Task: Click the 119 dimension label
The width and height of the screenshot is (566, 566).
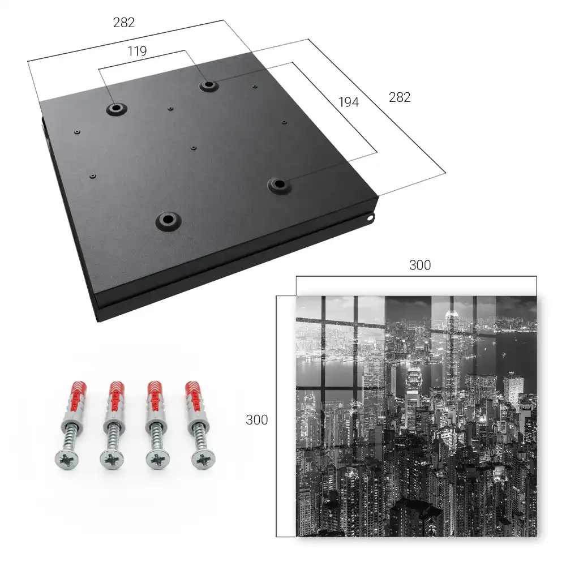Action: coord(137,52)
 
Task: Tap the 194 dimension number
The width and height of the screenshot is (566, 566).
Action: coord(349,102)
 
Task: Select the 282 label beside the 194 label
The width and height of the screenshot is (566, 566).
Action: coord(400,97)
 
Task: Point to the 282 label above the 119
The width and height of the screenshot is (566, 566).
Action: coord(124,23)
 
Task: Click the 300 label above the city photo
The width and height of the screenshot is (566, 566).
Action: coord(420,265)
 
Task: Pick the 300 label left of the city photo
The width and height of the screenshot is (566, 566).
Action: coord(256,419)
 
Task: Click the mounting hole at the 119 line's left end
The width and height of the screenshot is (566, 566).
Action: coord(116,108)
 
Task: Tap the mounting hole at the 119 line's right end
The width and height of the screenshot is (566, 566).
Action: coord(208,85)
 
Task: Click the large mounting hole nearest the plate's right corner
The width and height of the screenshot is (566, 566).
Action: coord(278,185)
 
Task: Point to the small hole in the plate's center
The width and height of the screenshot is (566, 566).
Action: coord(194,148)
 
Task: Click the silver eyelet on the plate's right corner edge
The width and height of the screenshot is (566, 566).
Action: coord(370,218)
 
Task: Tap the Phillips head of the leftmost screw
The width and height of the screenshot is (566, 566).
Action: coord(67,460)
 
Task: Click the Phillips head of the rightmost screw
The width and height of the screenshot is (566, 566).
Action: coord(203,460)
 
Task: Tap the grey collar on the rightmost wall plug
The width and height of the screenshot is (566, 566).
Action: coord(195,422)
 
